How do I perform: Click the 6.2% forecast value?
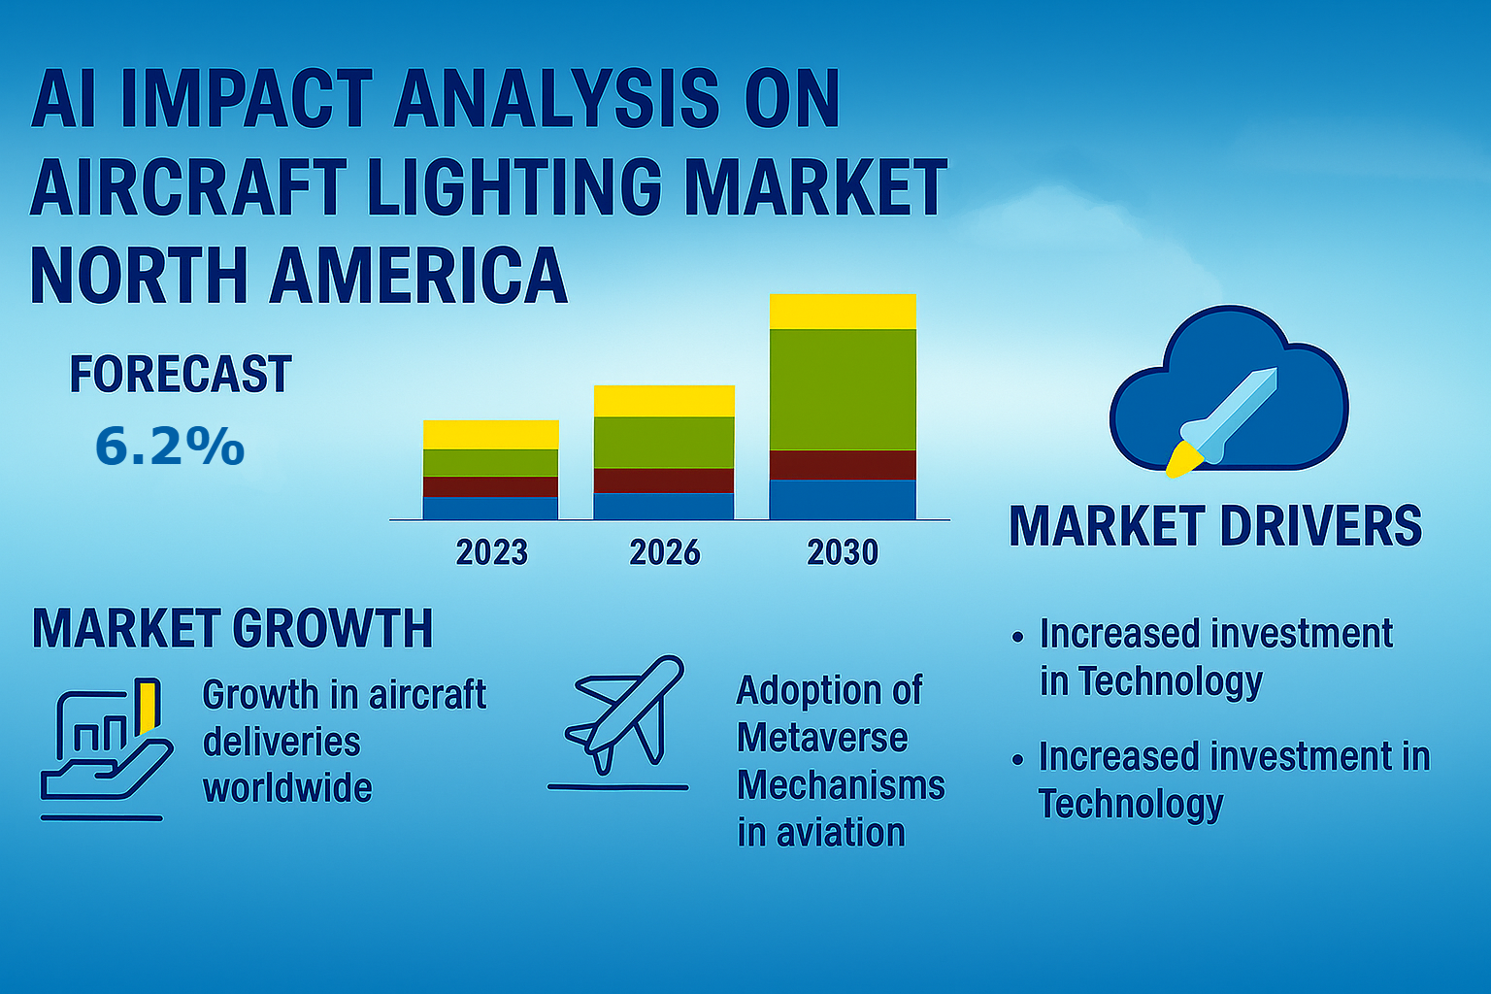coord(170,447)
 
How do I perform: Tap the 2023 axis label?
coord(491,552)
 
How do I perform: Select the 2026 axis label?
coord(664,552)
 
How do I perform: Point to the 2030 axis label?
coord(843,552)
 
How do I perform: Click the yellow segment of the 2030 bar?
coord(843,312)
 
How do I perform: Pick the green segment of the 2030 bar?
coord(843,389)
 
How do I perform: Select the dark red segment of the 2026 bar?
coord(664,480)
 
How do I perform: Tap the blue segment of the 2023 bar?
coord(490,508)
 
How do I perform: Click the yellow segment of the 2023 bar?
coord(490,435)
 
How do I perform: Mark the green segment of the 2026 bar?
coord(664,443)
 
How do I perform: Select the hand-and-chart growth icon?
coord(102,747)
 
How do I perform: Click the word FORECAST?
coord(181,375)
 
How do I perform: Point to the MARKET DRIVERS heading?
coord(1215,526)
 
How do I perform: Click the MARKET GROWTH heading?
coord(233,629)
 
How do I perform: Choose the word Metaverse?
coord(822,738)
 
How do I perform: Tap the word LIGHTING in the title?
coord(515,187)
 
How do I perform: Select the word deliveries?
coord(282,743)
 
